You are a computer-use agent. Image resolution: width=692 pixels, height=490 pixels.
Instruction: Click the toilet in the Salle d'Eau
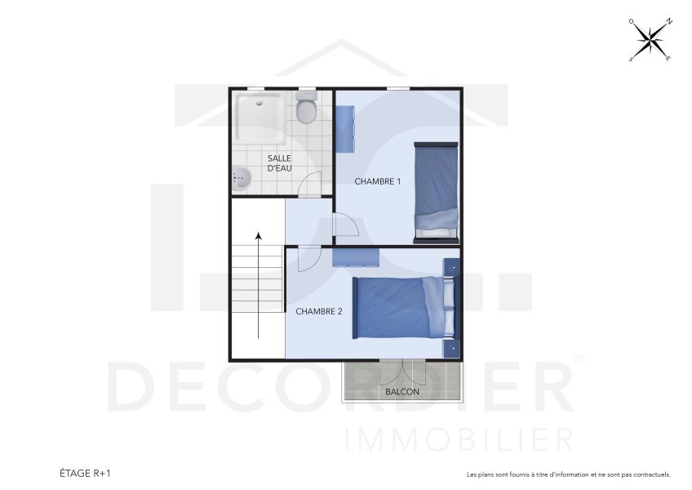coord(307,109)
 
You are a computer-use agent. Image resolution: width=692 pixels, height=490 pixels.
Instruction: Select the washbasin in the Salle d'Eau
coord(240,177)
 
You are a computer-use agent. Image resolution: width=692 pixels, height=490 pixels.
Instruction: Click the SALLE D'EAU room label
coord(280,163)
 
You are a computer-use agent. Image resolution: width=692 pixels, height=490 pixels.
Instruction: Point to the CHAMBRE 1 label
coord(377,181)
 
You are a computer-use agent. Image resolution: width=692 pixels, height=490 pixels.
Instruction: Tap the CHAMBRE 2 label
coord(318,311)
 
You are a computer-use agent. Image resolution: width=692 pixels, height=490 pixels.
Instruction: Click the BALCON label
coord(402,392)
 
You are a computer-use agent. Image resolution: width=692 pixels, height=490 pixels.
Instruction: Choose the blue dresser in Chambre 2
coord(356,256)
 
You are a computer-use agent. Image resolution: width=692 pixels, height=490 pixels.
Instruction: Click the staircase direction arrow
coord(259,285)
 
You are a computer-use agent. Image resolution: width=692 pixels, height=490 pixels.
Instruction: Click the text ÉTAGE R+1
coord(85,473)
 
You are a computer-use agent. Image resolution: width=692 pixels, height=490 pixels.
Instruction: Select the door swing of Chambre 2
coord(308,259)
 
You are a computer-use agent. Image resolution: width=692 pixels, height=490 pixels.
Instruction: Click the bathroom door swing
coord(309,187)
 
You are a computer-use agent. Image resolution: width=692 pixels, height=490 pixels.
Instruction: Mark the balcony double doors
coord(402,370)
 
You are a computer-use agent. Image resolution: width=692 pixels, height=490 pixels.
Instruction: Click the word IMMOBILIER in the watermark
coord(459,440)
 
